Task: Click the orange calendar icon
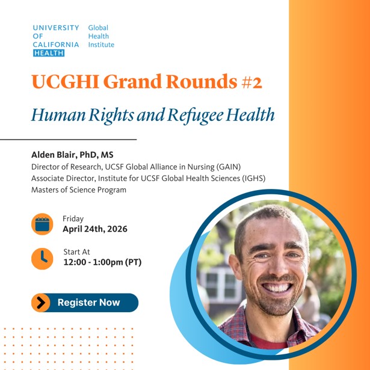[42, 224]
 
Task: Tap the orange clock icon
[42, 258]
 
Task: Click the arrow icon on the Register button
[41, 303]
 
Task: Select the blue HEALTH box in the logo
[49, 53]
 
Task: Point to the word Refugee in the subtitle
[213, 114]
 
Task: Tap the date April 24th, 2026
[95, 229]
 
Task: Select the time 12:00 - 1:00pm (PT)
[102, 262]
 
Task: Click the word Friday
[73, 219]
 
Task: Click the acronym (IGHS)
[251, 178]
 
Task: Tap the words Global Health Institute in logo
[100, 36]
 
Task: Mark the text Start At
[76, 251]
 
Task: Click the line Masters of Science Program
[79, 190]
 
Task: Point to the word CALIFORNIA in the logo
[56, 45]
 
